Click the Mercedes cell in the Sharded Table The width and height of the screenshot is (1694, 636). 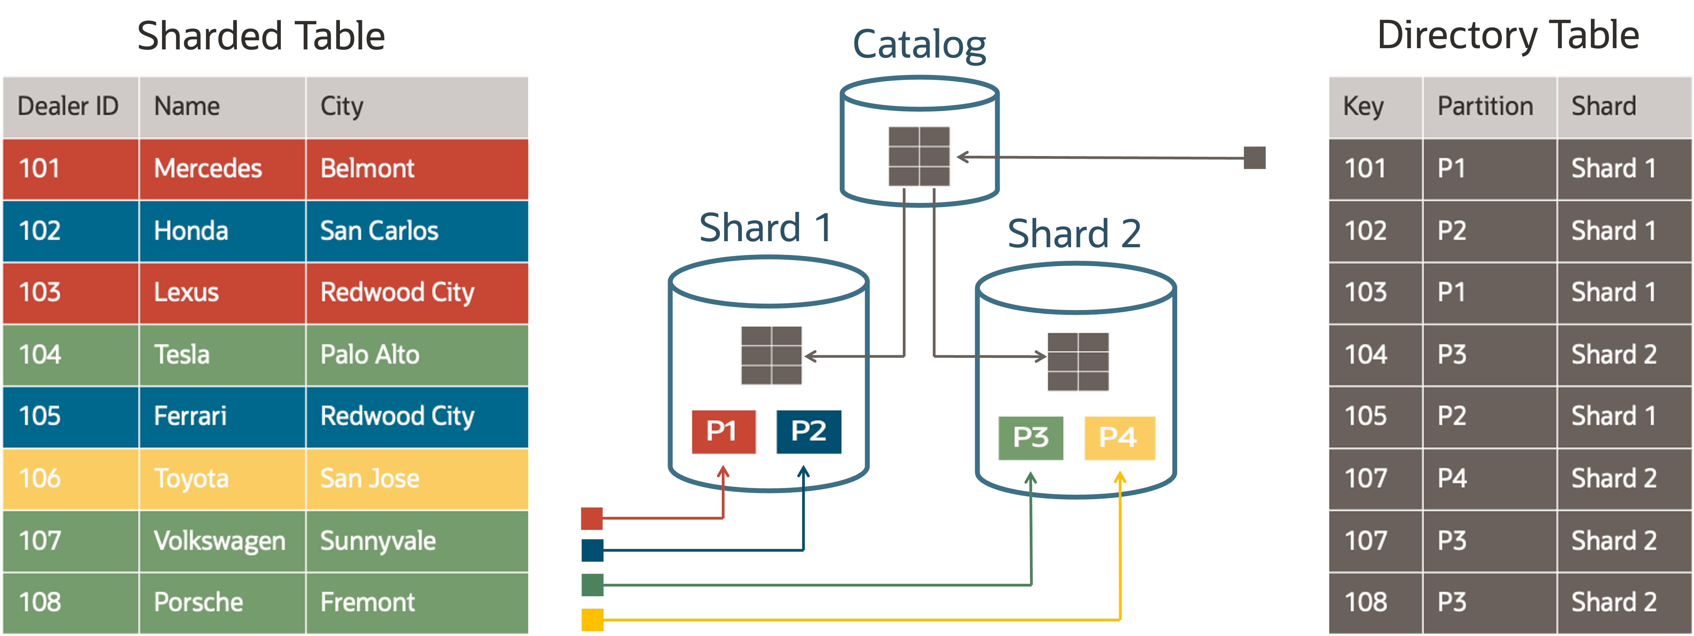tap(208, 169)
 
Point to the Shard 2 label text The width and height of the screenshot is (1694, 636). tap(1074, 234)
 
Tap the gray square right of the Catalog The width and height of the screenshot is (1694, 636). tap(1254, 158)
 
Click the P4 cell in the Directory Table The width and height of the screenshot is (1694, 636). tap(1452, 478)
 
